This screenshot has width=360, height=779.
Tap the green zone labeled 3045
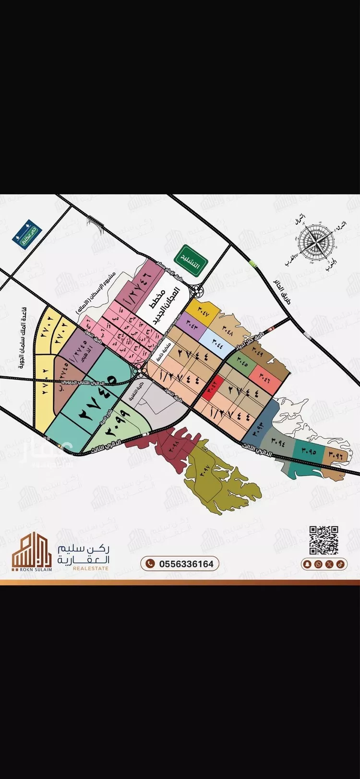238,361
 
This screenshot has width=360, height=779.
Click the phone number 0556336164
180,563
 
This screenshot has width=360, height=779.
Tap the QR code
324,540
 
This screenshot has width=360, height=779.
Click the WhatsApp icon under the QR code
318,564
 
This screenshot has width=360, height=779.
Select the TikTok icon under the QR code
339,564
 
